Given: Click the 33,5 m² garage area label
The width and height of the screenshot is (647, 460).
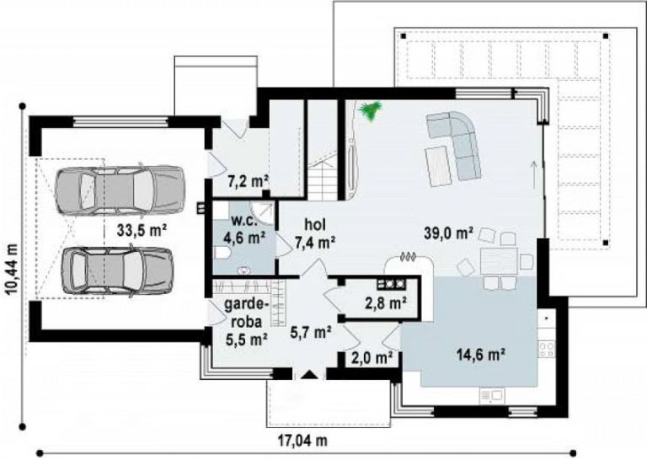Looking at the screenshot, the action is pos(142,230).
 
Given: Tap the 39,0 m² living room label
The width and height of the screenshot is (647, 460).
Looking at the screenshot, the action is pos(449,233).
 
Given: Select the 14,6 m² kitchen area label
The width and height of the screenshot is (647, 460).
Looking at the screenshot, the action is pos(481,354).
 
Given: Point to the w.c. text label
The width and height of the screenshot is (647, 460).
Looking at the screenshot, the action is pos(244,220).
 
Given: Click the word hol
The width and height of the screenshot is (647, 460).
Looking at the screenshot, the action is pos(315,224).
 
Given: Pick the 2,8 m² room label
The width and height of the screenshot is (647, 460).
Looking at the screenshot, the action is pos(386,303).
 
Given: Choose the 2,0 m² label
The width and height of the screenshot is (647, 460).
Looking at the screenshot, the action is pos(372,357).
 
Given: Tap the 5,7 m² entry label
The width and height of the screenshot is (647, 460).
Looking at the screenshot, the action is pos(311,332).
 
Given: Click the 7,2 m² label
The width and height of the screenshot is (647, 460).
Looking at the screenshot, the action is pos(249,181).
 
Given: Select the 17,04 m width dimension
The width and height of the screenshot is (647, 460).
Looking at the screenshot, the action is pos(302,440).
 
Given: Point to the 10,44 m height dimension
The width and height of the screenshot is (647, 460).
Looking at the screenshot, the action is pos(13,270).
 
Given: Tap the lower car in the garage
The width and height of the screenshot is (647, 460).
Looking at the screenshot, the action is pos(118,272).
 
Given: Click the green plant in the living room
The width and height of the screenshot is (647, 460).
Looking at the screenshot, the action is pos(371,110).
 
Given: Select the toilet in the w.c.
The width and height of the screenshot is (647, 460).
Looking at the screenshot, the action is pos(222,253).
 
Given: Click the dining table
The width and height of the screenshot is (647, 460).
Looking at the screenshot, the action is pos(499,260).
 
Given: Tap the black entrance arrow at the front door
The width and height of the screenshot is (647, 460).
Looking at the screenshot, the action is pos(309,375).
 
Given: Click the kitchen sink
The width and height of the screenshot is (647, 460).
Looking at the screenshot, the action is pos(491,396).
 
